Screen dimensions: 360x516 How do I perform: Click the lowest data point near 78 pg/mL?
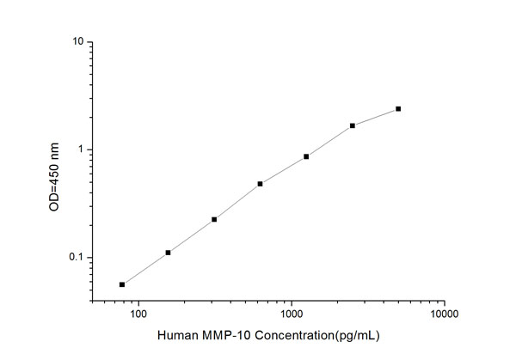click(122, 284)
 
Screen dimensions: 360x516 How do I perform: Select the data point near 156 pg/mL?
click(168, 253)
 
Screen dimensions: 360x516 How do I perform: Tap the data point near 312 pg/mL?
click(214, 219)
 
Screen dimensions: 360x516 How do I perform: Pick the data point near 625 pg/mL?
click(260, 184)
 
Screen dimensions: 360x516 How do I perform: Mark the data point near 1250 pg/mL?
click(306, 156)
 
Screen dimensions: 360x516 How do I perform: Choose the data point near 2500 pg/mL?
click(353, 125)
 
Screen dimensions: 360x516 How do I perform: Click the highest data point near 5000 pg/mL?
click(398, 109)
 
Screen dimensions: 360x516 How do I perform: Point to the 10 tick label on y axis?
click(77, 42)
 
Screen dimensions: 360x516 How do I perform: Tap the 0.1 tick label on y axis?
click(76, 258)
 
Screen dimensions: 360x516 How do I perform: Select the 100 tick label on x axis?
click(138, 314)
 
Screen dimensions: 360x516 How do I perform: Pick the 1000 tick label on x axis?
click(292, 314)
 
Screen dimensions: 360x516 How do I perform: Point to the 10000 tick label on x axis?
click(444, 314)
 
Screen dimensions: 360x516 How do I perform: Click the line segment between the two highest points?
click(376, 117)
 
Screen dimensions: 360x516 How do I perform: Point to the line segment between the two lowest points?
click(145, 268)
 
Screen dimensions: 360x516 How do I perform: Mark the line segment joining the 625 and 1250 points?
click(283, 170)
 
